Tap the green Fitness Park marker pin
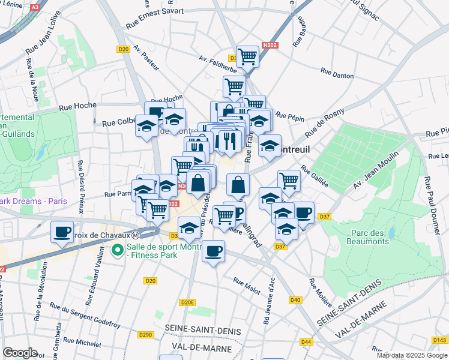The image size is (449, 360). tap(118, 249)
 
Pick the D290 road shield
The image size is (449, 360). tap(145, 335)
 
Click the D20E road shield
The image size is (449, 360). tap(188, 302)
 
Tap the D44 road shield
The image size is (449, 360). tap(307, 342)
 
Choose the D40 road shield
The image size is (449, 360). tap(295, 300)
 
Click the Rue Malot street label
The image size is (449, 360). tap(247, 286)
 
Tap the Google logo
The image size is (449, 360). tap(20, 353)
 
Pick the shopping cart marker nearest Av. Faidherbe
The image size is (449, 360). tap(247, 56)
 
